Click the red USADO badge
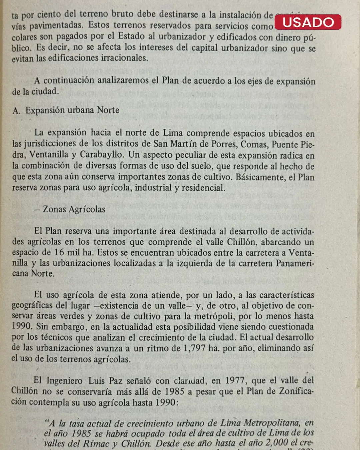308,22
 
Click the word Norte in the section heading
108,110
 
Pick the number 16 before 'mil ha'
59,252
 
